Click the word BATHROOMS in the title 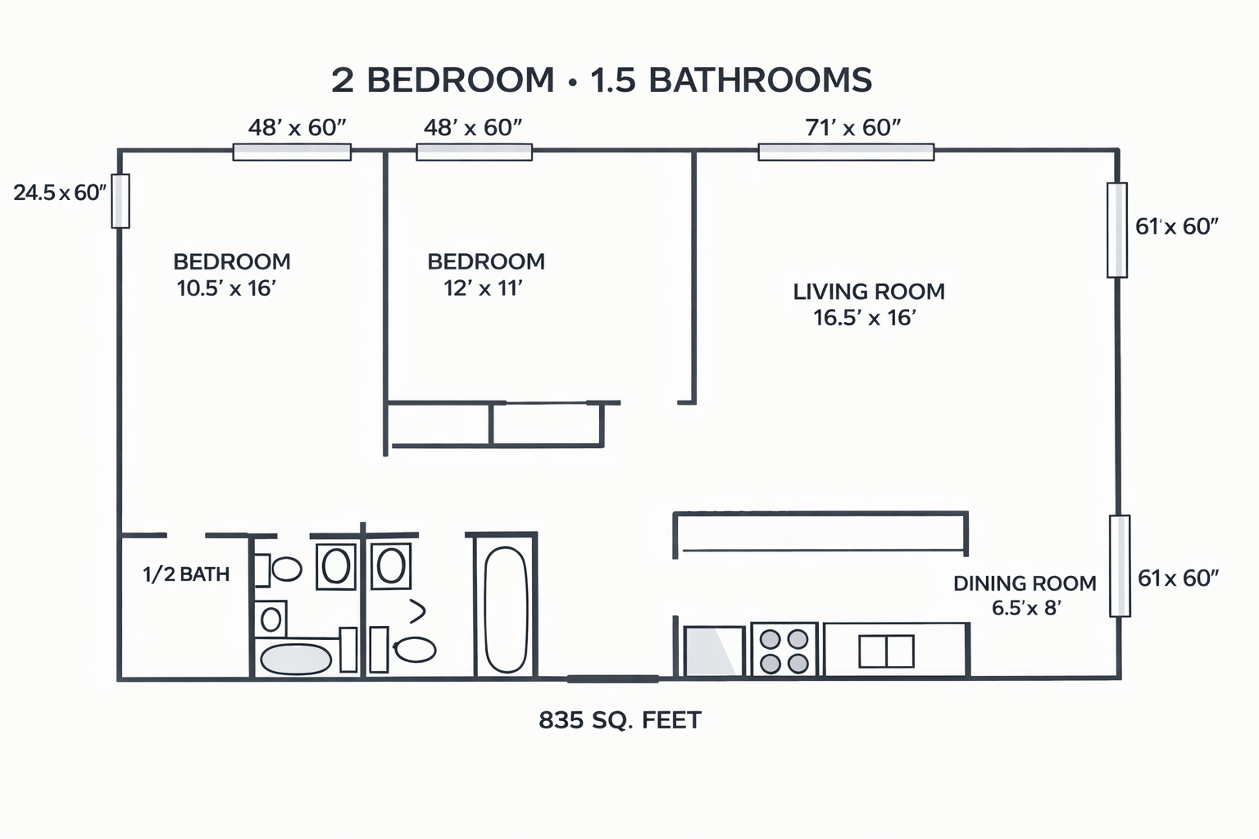pos(761,79)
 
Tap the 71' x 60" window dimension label pos(852,128)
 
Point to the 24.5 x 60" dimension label pos(60,193)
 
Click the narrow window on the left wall pos(120,202)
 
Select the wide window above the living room pos(846,152)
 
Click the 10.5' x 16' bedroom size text pos(226,288)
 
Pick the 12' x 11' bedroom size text pos(483,288)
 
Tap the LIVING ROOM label pos(869,292)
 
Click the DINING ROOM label pos(1025,583)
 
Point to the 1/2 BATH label pos(186,574)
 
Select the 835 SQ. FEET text pos(620,720)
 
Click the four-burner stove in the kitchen pos(784,649)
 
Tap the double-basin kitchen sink pos(886,651)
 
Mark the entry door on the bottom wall pos(612,679)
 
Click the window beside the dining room pos(1120,566)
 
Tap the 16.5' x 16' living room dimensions pos(865,318)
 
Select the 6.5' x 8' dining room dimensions pos(1026,608)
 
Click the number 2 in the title pos(343,80)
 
